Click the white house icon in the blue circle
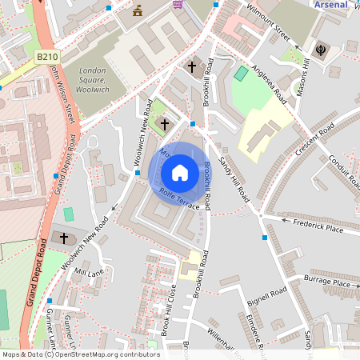pos(180,173)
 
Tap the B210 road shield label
pos(47,57)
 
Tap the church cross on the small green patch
pos(165,124)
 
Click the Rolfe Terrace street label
pos(179,199)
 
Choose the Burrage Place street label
pos(327,282)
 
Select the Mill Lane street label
pos(89,273)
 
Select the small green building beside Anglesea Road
pos(241,73)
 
